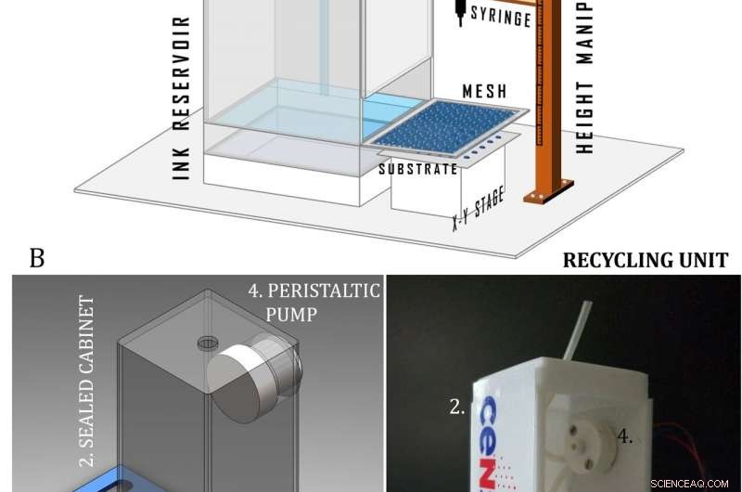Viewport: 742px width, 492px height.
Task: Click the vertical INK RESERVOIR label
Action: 182,97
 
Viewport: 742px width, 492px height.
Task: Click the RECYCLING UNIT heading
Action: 646,259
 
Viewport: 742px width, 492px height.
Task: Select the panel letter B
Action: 37,257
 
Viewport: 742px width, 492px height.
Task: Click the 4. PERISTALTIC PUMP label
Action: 313,302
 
